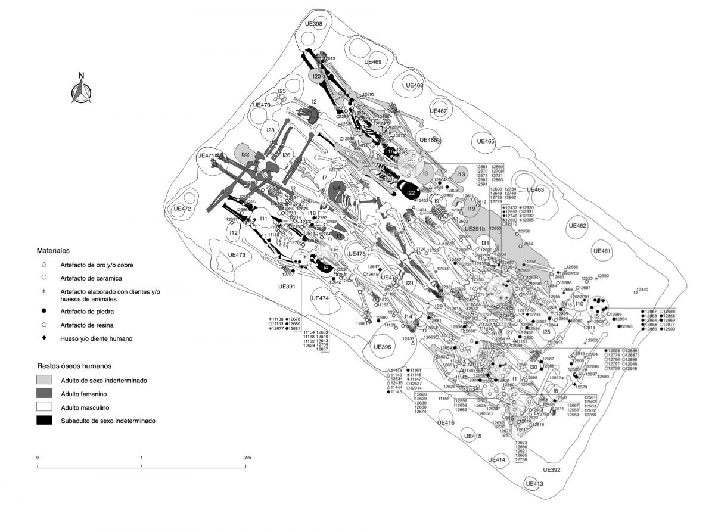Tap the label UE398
coord(313,24)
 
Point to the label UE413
coord(534,484)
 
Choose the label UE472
coord(182,209)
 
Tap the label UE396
coord(382,347)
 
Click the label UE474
coord(320,298)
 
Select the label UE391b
coord(475,229)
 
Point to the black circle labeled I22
coord(411,193)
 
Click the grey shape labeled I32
coord(245,154)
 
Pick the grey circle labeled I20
coord(317,77)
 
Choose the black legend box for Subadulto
coord(48,421)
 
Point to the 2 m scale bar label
coord(247,457)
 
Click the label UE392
coord(552,470)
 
